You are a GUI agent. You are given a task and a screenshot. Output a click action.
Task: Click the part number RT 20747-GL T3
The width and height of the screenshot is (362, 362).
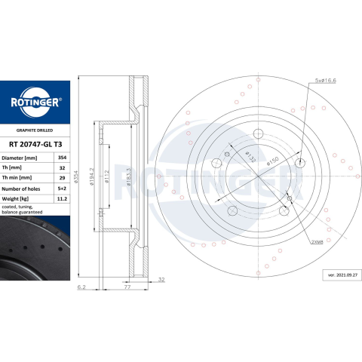tap(35, 144)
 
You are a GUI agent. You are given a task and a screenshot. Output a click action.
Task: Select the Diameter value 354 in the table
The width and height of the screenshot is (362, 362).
tap(62, 158)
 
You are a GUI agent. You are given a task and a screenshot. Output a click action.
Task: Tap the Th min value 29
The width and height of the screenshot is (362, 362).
tap(62, 178)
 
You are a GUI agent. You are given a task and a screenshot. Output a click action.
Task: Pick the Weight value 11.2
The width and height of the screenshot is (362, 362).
tap(62, 199)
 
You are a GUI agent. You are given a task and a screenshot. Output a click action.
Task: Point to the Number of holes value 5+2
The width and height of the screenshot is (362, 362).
tap(62, 189)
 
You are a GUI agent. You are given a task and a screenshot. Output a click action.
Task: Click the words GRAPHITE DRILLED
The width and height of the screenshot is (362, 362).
tap(35, 130)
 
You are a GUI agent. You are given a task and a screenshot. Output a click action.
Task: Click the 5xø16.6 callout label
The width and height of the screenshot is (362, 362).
tap(326, 81)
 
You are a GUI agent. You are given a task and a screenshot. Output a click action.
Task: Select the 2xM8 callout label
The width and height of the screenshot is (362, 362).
tap(317, 242)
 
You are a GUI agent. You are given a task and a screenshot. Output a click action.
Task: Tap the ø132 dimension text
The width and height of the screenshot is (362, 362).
tap(250, 157)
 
